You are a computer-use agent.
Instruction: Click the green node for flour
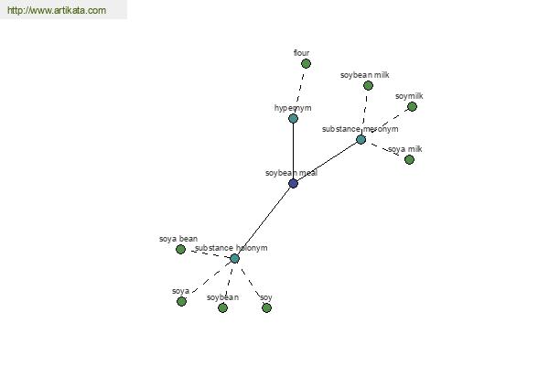click(x=306, y=64)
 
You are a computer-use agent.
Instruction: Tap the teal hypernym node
click(x=293, y=118)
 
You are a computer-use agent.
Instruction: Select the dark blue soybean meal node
click(x=293, y=183)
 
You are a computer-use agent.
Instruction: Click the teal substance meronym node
click(x=361, y=139)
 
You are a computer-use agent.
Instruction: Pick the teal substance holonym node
click(x=234, y=258)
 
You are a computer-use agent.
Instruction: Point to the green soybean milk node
click(x=368, y=85)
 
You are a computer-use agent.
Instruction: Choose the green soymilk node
click(x=412, y=106)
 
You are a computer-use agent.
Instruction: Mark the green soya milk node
click(x=409, y=160)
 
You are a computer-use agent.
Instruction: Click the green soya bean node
click(x=180, y=250)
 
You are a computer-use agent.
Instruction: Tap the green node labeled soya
click(x=181, y=301)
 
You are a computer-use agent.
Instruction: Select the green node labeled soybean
click(x=222, y=307)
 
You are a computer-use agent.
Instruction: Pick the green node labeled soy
click(x=266, y=307)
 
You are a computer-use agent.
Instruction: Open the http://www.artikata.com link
click(x=57, y=10)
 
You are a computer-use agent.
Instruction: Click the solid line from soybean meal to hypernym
click(x=293, y=151)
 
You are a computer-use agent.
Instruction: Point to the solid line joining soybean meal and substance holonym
click(x=264, y=221)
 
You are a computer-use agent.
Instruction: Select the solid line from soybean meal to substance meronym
click(x=327, y=161)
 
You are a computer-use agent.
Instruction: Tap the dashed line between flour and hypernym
click(x=300, y=87)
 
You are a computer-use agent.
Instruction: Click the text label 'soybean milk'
click(x=365, y=75)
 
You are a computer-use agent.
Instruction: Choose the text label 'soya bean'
click(x=178, y=239)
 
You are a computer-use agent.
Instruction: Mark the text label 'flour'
click(x=301, y=53)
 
